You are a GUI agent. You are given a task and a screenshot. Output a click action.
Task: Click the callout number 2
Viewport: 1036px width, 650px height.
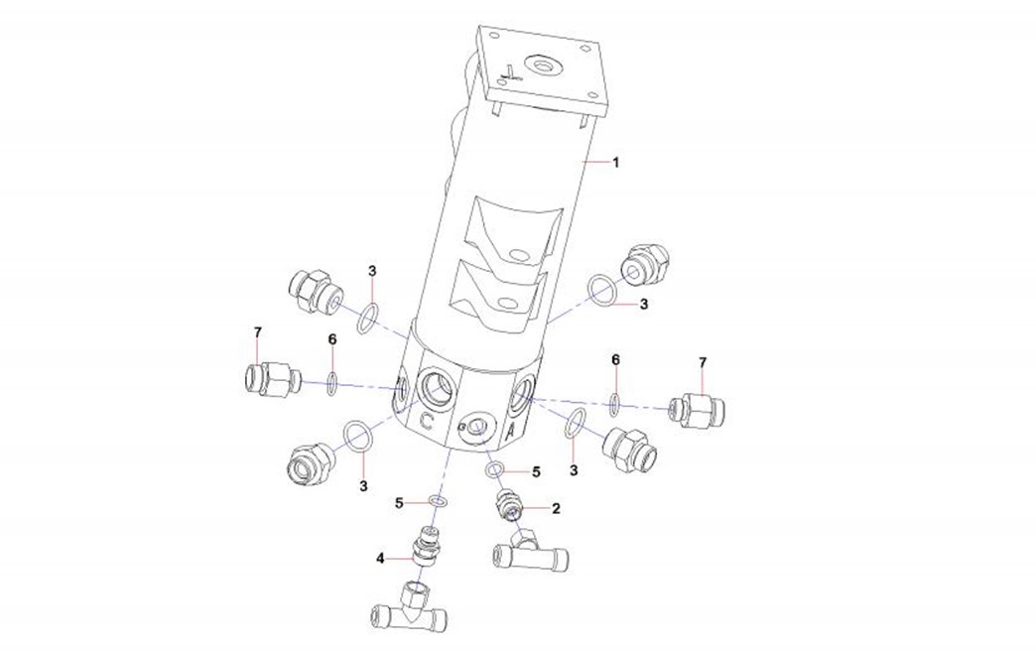click(556, 508)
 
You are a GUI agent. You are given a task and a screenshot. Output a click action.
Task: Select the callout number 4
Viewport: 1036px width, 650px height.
click(380, 559)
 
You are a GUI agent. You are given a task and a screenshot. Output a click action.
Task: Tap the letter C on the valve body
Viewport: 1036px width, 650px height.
click(427, 420)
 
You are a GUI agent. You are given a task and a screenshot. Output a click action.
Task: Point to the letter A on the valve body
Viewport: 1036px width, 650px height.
click(510, 434)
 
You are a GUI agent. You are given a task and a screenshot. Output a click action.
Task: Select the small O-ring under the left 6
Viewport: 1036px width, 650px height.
click(332, 382)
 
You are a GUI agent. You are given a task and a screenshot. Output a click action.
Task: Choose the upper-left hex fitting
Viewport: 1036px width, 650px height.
click(314, 289)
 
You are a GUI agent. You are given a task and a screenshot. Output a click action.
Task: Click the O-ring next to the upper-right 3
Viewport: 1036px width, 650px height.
click(599, 288)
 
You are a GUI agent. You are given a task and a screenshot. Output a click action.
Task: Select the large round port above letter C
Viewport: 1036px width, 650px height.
click(435, 382)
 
